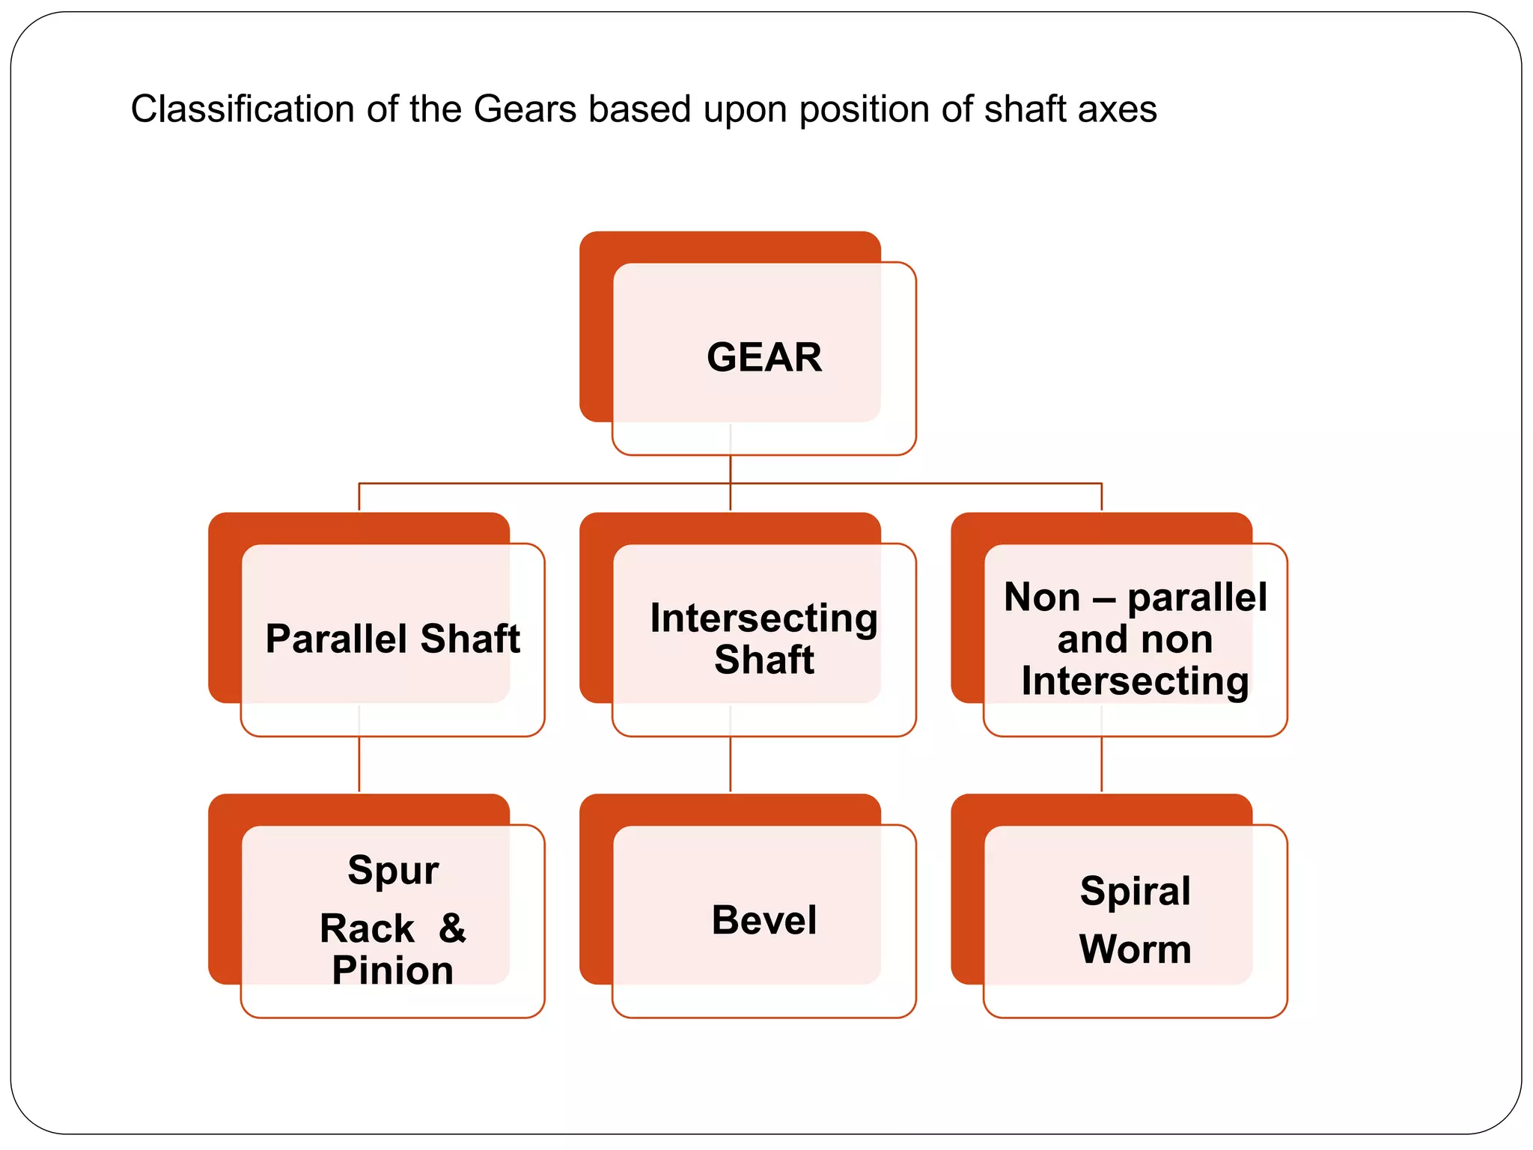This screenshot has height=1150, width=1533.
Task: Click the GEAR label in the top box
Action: (x=764, y=357)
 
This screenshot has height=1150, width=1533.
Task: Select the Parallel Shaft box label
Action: (x=392, y=639)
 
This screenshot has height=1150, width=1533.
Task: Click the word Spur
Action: (x=393, y=870)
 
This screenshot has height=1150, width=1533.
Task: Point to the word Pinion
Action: (x=392, y=970)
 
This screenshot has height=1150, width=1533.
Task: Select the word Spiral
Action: (x=1135, y=891)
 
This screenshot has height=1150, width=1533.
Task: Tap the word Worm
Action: (x=1135, y=949)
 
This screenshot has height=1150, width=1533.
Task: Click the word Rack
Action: (x=367, y=928)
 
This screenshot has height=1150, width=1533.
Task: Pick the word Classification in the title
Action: (x=243, y=109)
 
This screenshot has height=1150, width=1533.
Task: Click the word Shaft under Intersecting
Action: (x=764, y=660)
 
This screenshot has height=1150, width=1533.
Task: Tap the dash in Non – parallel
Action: (x=1104, y=598)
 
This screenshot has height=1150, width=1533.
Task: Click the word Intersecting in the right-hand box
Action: (x=1135, y=681)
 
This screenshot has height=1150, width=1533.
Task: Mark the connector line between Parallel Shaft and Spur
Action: (x=359, y=764)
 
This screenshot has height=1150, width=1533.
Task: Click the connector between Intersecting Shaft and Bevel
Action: (x=731, y=764)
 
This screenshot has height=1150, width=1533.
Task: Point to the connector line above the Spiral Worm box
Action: (x=1102, y=764)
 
